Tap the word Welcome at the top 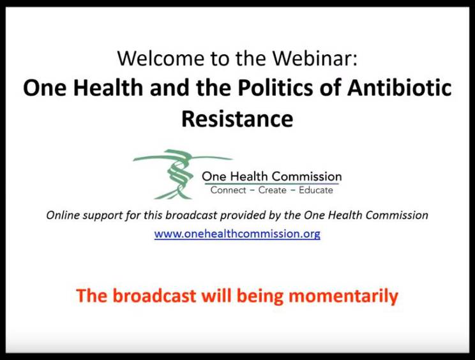160,58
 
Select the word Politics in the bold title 275,88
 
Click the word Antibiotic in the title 400,88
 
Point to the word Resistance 237,118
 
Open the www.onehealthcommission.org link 237,234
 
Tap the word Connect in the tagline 229,190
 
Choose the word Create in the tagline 273,190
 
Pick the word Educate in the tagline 316,190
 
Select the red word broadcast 155,296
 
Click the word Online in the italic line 63,215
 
